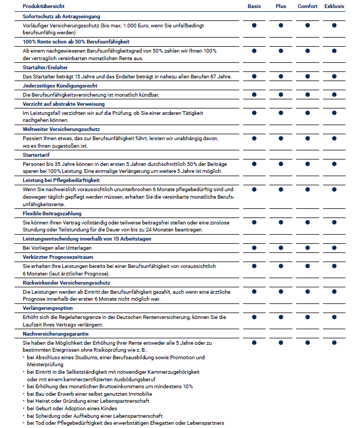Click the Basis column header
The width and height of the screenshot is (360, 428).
[x=254, y=6]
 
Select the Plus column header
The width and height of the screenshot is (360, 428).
[x=281, y=6]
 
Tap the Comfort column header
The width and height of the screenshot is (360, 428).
[x=307, y=6]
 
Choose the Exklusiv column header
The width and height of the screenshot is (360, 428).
[x=334, y=6]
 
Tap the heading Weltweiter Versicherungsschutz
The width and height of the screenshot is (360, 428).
[x=60, y=129]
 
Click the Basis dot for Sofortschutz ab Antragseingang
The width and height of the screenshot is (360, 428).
[x=254, y=25]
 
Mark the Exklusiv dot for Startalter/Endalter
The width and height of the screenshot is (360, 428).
[x=334, y=77]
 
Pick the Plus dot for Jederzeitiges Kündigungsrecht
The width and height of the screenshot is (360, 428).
[x=281, y=95]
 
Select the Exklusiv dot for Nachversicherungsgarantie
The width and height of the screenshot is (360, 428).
[x=334, y=342]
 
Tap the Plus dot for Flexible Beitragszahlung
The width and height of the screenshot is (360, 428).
[x=281, y=222]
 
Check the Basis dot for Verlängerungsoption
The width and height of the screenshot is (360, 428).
[x=254, y=316]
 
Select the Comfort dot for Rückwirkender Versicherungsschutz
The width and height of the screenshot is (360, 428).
[x=307, y=291]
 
